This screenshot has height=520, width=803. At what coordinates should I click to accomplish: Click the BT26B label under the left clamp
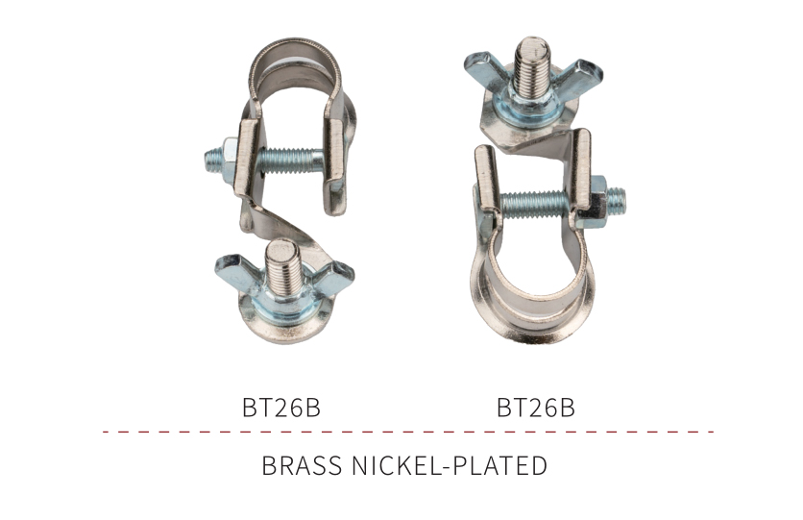click(x=281, y=408)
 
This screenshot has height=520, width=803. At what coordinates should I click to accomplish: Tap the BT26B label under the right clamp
click(x=536, y=408)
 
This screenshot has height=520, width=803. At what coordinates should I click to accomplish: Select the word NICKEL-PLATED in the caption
click(x=450, y=466)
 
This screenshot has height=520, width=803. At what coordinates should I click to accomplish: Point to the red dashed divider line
click(x=408, y=432)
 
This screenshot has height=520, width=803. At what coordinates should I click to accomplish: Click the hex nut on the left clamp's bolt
click(x=229, y=158)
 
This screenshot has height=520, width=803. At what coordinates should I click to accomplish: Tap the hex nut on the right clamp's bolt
click(x=597, y=201)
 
